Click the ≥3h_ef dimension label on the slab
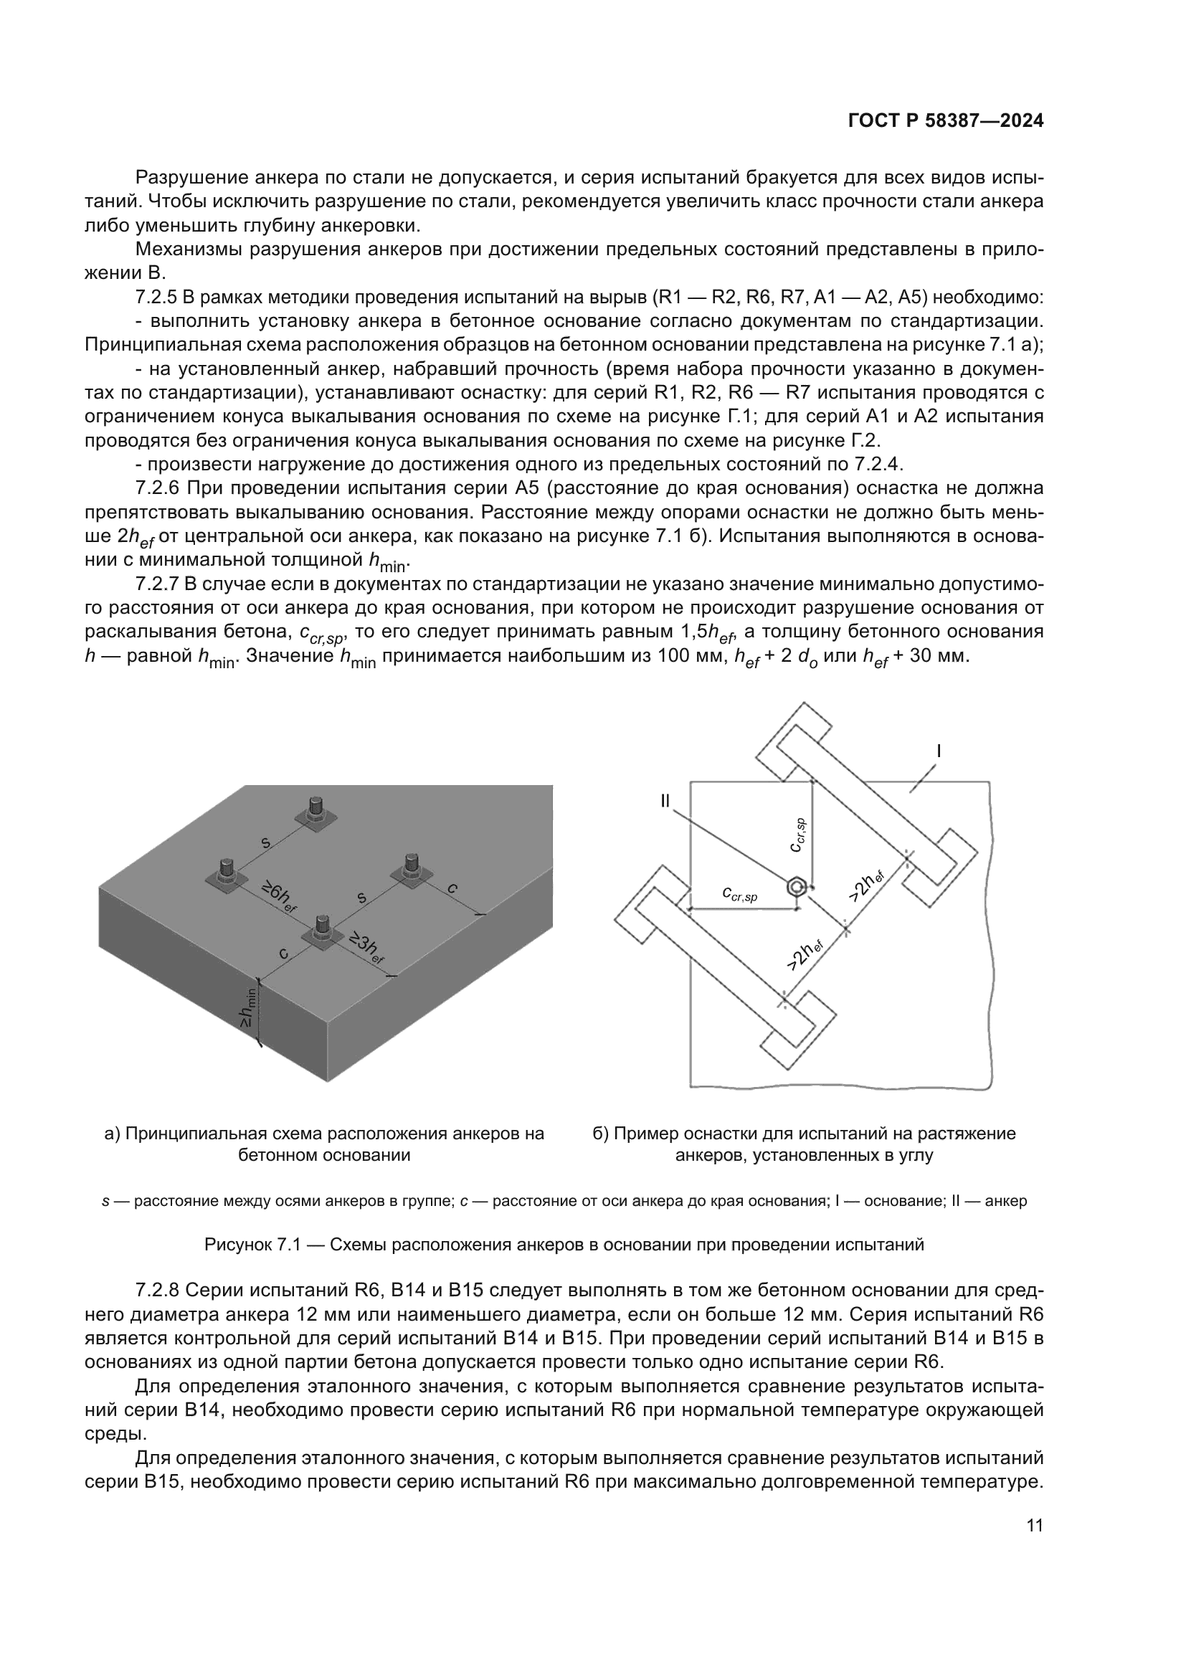tap(366, 948)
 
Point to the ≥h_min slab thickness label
tap(248, 1008)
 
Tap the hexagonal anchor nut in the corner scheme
tap(797, 887)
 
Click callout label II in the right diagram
tap(665, 802)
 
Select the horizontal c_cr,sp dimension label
tap(740, 893)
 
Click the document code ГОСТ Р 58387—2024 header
tap(946, 120)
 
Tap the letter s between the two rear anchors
tap(266, 843)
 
